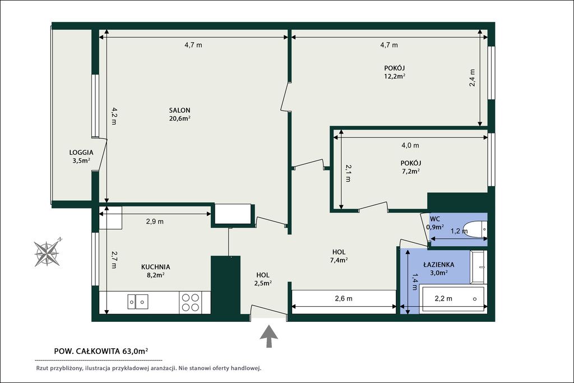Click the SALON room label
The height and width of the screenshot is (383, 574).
click(179, 110)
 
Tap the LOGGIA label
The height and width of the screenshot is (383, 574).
click(81, 153)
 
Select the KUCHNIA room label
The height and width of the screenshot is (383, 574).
click(156, 267)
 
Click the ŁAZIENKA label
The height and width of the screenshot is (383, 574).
click(438, 264)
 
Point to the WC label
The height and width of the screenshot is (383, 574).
click(435, 219)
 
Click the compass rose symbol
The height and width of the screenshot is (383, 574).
click(47, 252)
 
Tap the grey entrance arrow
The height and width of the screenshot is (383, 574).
click(269, 336)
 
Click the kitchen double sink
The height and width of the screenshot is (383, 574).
click(138, 302)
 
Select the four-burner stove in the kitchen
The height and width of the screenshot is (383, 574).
click(191, 302)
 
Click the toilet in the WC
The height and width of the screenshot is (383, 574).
click(475, 229)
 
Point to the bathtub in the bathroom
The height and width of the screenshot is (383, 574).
click(453, 299)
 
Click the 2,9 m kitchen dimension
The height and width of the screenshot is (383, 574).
click(155, 222)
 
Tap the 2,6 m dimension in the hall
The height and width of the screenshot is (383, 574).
click(344, 299)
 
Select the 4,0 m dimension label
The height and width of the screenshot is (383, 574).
click(410, 145)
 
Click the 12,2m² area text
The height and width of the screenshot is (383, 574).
click(394, 76)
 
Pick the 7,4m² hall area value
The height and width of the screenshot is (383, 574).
click(339, 260)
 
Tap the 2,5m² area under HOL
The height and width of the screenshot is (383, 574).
click(262, 283)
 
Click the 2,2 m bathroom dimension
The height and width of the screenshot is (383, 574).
click(443, 299)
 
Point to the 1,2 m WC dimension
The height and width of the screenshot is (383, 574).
click(459, 231)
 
